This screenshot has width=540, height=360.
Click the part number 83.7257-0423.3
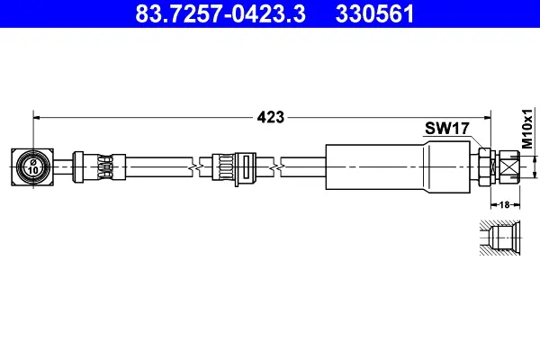(x=220, y=13)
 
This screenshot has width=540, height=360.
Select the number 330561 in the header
(x=374, y=13)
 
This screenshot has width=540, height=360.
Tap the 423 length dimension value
(x=271, y=118)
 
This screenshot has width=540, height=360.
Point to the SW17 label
(x=447, y=128)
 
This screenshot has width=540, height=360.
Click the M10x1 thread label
(x=527, y=128)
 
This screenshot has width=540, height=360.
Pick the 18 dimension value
(x=504, y=205)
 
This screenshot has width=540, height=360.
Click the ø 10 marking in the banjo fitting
(x=33, y=166)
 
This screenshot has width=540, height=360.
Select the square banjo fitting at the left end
(x=32, y=167)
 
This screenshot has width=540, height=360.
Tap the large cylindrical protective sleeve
(x=398, y=167)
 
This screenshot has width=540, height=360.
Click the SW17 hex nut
(x=484, y=167)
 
